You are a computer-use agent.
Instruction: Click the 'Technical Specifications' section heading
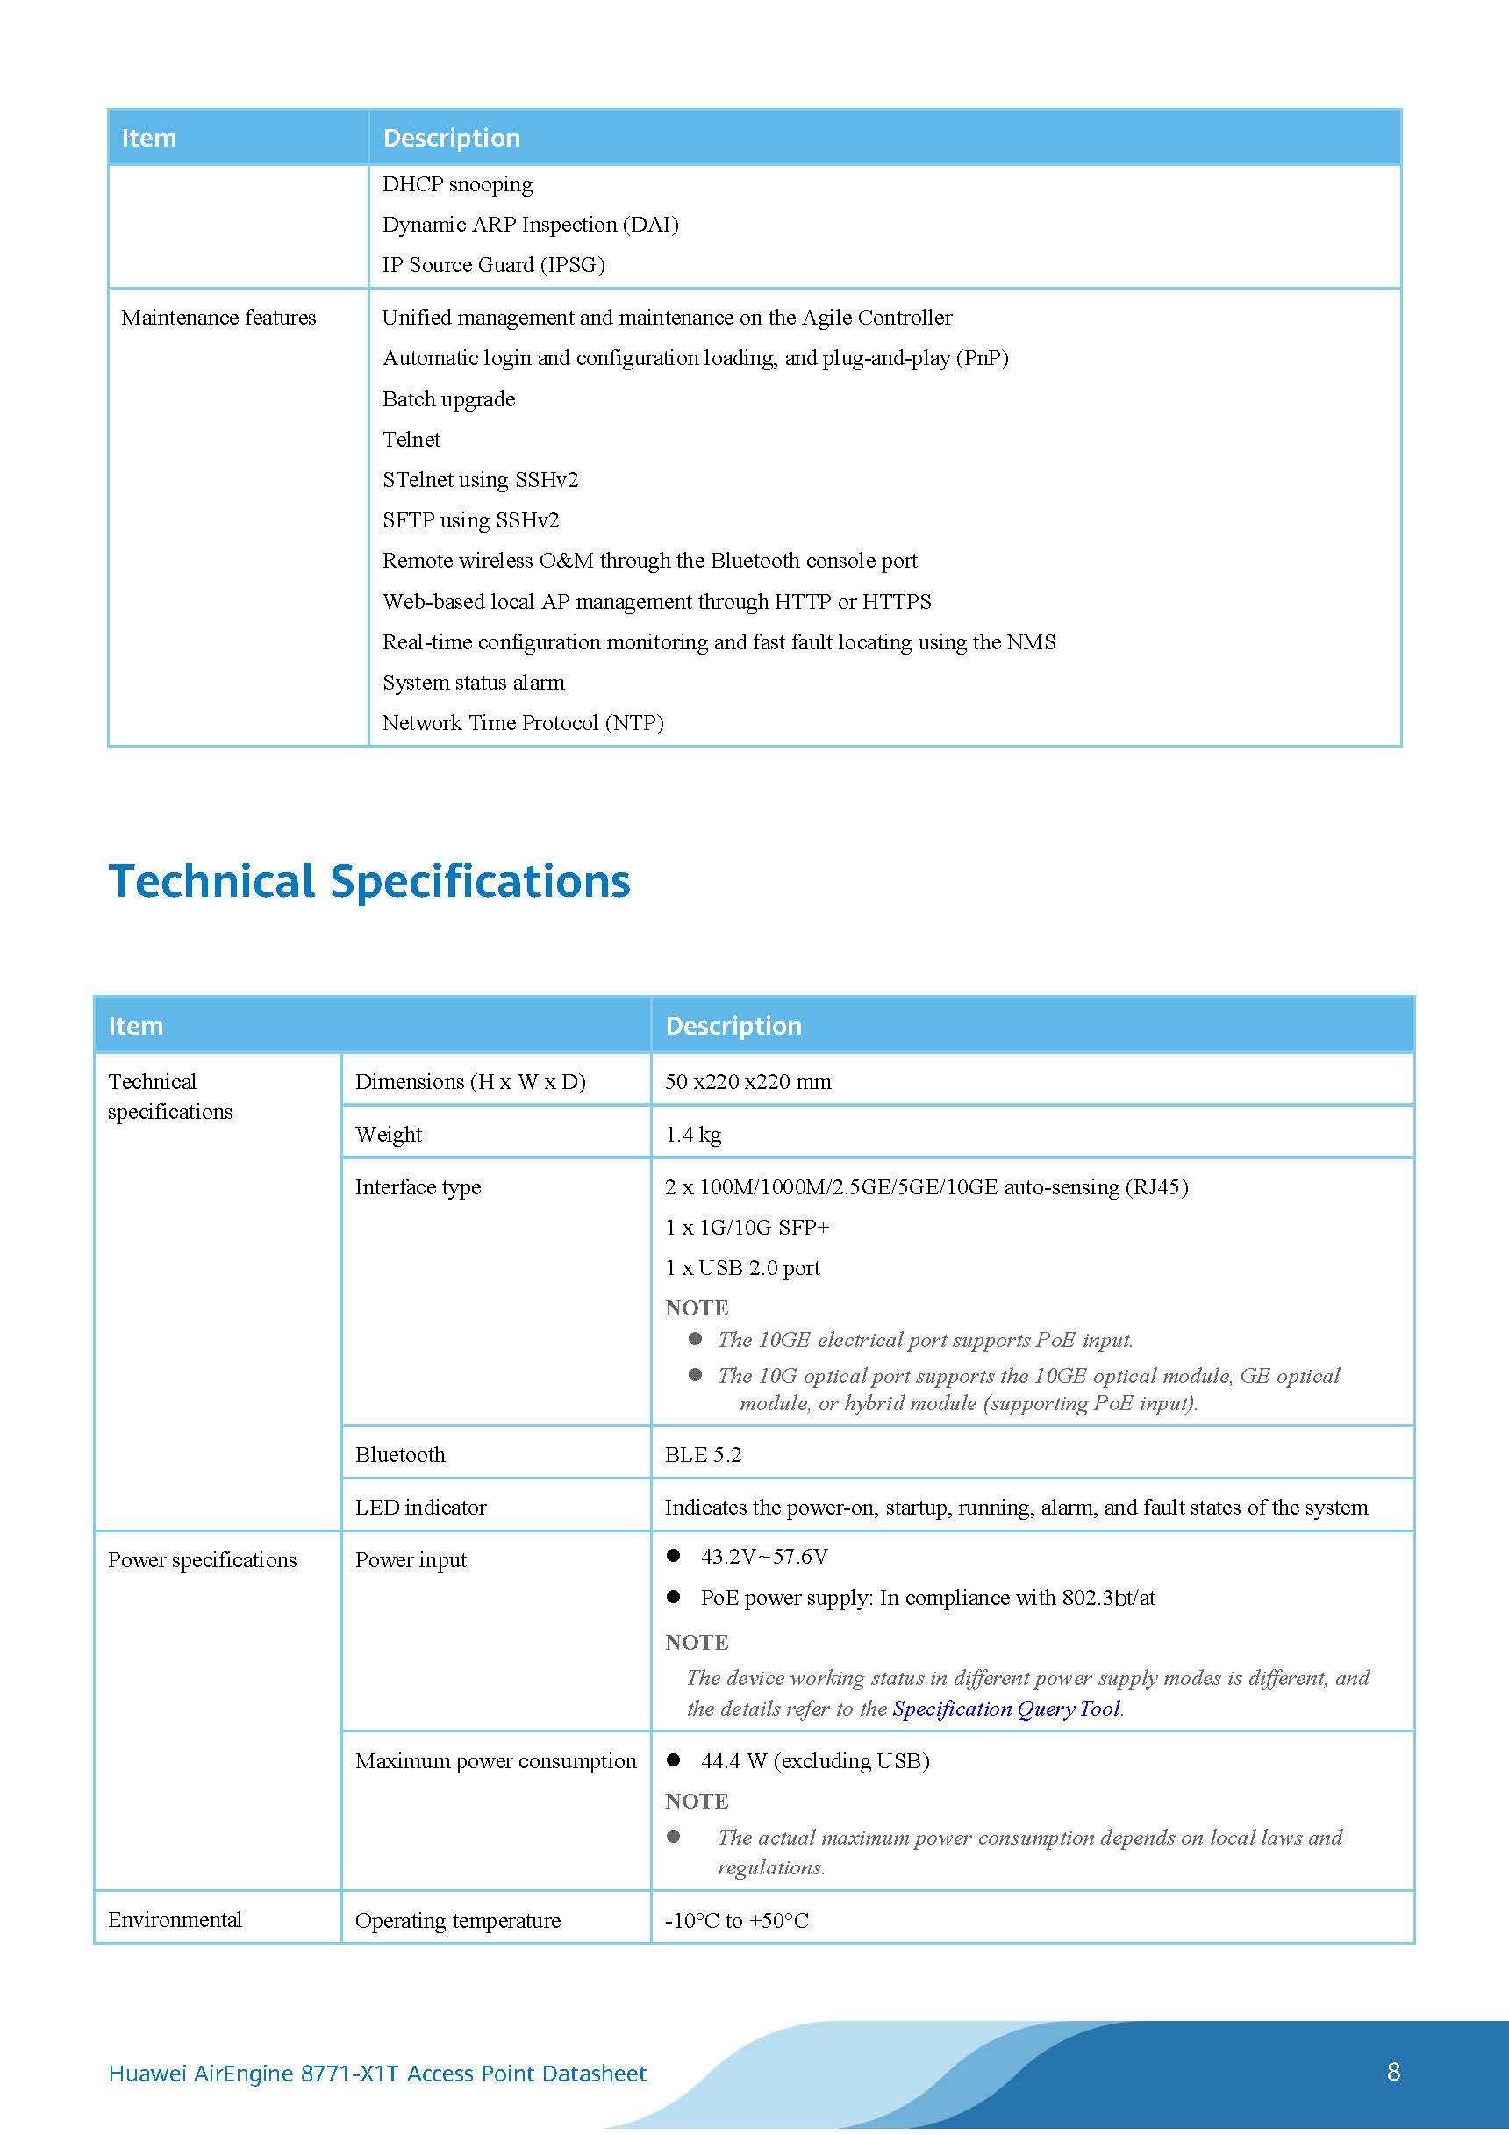pos(369,882)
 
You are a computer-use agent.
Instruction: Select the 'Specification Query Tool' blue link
pos(1006,1709)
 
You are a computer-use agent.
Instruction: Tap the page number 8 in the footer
pos(1393,2071)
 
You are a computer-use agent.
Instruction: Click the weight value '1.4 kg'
pos(693,1135)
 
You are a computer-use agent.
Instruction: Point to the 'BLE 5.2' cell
pos(703,1454)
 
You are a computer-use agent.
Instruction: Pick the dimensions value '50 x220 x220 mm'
pos(747,1081)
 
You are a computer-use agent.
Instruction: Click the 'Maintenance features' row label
pos(218,318)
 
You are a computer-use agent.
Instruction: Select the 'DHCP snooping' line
pos(457,184)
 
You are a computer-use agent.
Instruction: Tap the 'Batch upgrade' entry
pos(448,399)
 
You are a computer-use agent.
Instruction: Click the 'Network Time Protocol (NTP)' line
pos(523,722)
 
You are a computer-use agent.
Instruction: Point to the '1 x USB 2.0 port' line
pos(742,1267)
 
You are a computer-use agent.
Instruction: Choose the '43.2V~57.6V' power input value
pos(763,1557)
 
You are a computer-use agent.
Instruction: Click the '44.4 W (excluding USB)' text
pos(814,1760)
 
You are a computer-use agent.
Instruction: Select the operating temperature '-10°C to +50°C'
pos(736,1920)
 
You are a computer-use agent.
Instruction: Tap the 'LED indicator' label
pos(420,1508)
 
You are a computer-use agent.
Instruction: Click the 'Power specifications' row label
pos(202,1560)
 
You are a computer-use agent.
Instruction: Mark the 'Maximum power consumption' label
pos(496,1760)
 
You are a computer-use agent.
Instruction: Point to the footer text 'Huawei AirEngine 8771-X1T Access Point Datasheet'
pos(377,2073)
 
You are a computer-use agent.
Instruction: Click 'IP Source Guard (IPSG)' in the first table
pos(493,265)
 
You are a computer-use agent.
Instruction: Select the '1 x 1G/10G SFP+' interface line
pos(747,1228)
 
